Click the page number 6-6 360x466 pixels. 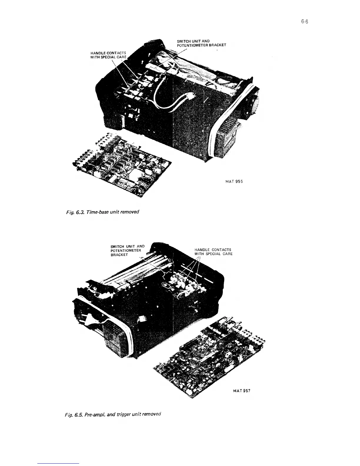point(304,22)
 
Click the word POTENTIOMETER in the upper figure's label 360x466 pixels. point(191,45)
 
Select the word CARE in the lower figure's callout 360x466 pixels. point(226,254)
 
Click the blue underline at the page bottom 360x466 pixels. point(59,463)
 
